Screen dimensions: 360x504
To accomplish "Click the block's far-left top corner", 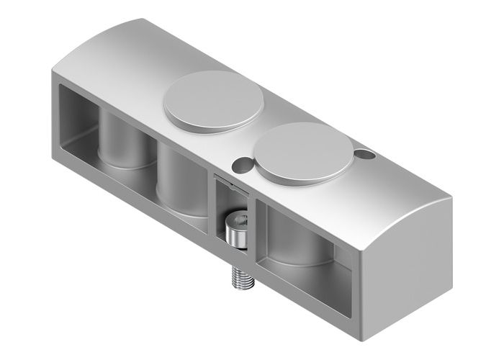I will (x=53, y=72).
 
